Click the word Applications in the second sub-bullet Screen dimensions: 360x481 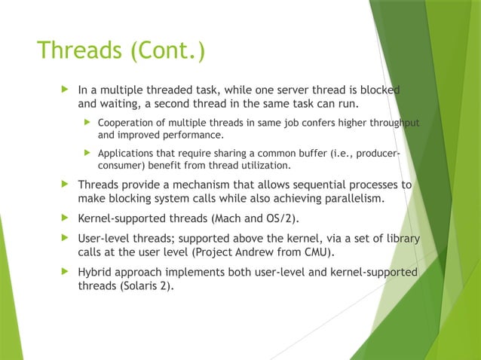[x=128, y=154]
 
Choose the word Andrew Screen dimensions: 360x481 [x=278, y=252]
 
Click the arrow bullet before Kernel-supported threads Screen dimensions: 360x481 [x=65, y=218]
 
